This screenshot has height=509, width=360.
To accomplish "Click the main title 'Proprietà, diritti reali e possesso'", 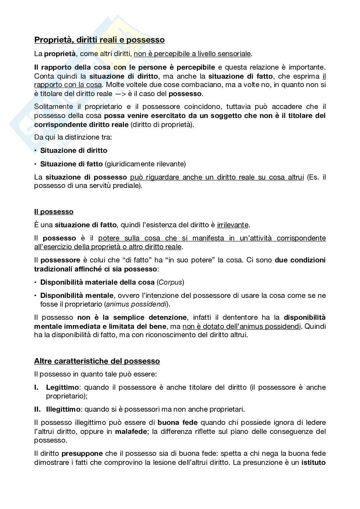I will pos(99,40).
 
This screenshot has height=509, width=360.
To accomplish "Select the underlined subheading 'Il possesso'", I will pos(54,212).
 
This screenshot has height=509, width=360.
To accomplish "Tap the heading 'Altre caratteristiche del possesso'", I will pos(97,361).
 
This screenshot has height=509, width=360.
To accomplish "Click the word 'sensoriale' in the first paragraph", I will pos(234,54).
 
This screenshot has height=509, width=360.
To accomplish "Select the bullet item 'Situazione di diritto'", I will pos(74,151).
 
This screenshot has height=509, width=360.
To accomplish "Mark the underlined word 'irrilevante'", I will pos(233,225).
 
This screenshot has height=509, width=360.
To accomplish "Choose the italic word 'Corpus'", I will pos(170,282).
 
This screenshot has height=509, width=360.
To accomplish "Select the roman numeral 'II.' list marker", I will pos(38,409).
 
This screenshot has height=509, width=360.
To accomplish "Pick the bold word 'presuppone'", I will pos(82,454).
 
